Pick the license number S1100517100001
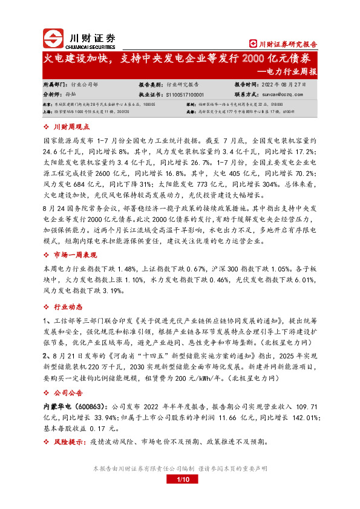click(184, 95)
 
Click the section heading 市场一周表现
click(75, 253)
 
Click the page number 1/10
click(180, 479)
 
